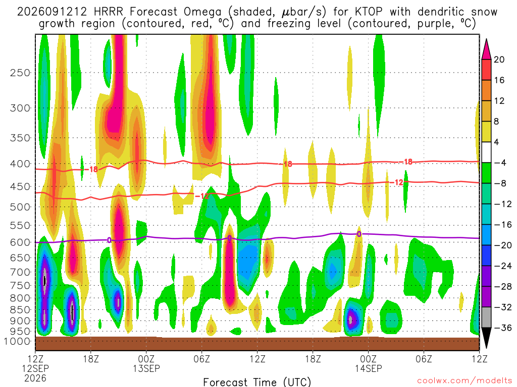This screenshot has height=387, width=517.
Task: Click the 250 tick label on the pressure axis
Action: [20, 73]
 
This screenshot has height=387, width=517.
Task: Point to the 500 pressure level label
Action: [20, 207]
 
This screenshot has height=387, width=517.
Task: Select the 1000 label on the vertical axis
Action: [17, 341]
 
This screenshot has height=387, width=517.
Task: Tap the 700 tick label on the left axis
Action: [20, 272]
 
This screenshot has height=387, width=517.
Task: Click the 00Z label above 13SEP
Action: [146, 359]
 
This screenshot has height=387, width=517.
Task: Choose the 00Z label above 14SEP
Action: [368, 359]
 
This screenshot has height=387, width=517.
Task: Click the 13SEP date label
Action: [146, 368]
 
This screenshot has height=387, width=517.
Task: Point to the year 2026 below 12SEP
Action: [35, 378]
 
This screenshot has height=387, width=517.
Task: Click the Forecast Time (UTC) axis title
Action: [257, 382]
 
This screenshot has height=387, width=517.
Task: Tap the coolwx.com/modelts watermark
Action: [464, 381]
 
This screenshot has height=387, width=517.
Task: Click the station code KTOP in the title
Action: [369, 12]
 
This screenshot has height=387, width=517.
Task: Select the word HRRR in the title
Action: [108, 12]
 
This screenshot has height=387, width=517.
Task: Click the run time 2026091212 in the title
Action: [52, 12]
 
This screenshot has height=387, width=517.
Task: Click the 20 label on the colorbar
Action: [499, 59]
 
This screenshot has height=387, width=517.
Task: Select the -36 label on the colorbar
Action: [502, 328]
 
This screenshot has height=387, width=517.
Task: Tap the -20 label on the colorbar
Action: [502, 245]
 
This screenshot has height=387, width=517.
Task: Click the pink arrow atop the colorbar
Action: [486, 49]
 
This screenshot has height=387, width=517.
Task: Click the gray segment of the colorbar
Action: [486, 317]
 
